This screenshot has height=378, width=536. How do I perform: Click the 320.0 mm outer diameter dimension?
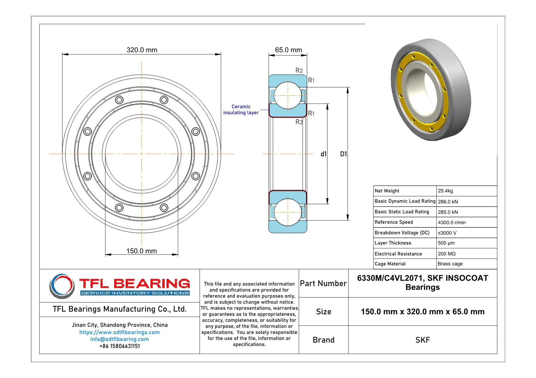point(142,50)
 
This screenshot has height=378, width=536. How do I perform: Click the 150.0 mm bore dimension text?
point(141,251)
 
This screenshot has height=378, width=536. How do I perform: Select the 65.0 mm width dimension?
point(288,50)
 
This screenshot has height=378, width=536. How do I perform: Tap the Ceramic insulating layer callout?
point(241,110)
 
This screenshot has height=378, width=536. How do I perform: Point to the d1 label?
point(323,154)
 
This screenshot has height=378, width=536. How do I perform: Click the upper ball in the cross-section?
point(288,95)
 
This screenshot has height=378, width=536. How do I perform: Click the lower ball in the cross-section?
point(288,212)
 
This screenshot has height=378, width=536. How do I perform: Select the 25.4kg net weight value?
point(445,191)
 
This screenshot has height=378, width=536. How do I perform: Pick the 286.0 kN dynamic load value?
point(448,202)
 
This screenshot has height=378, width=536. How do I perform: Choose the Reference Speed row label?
point(394,222)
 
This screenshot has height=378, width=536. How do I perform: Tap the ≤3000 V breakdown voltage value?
point(447,233)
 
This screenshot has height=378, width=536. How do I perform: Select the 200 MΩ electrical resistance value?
point(447,254)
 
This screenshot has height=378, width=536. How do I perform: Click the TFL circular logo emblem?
point(62,286)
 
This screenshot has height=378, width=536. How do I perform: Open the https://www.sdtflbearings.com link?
point(119,333)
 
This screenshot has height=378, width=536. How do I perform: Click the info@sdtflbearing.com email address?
point(119,339)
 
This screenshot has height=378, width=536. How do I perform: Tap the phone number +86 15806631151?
point(119,346)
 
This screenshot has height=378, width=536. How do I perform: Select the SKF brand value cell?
point(422,340)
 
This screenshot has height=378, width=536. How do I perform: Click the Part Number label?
point(323,284)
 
